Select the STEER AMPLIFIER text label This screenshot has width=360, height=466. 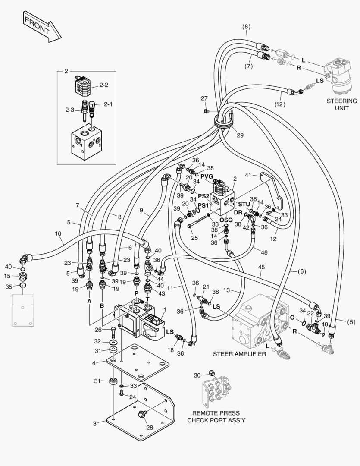click(x=239, y=354)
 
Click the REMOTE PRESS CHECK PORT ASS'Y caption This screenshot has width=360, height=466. click(x=216, y=416)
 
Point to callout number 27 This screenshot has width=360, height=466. click(x=204, y=99)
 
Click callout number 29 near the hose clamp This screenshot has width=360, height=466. click(x=240, y=135)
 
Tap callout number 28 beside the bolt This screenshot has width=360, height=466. click(x=149, y=428)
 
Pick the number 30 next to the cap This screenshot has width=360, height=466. click(x=197, y=375)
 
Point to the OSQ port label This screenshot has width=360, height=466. click(x=226, y=220)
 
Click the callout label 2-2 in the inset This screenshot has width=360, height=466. click(x=104, y=85)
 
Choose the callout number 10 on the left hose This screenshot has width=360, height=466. click(x=58, y=233)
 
